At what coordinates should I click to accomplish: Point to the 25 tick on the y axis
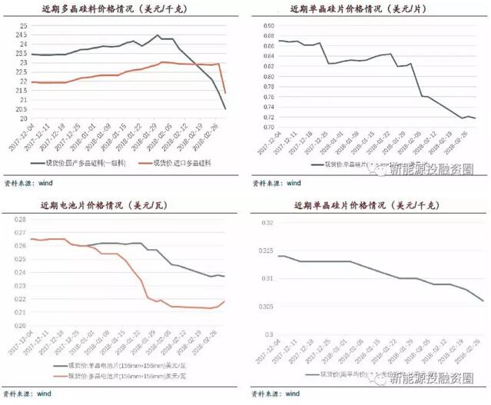pyautogui.click(x=22, y=25)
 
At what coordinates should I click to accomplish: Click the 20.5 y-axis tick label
pyautogui.click(x=22, y=109)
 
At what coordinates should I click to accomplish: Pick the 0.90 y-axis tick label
pyautogui.click(x=269, y=25)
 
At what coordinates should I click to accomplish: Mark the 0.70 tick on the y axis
pyautogui.click(x=269, y=128)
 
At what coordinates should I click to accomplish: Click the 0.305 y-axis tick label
pyautogui.click(x=265, y=307)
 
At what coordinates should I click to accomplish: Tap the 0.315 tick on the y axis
pyautogui.click(x=265, y=251)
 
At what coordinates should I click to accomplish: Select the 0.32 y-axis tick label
pyautogui.click(x=267, y=223)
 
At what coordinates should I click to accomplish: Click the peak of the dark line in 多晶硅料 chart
pyautogui.click(x=158, y=35)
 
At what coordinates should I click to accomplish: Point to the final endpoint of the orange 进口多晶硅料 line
pyautogui.click(x=225, y=93)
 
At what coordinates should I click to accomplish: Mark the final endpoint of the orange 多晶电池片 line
pyautogui.click(x=225, y=301)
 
